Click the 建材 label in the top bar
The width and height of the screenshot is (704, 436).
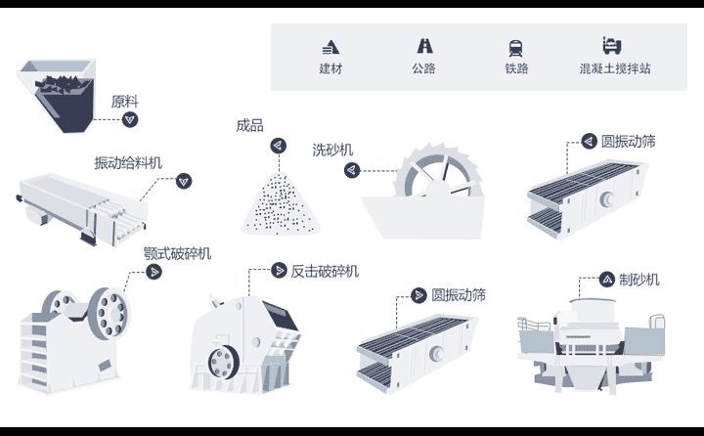coord(330,69)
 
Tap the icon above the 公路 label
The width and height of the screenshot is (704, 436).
coord(424,45)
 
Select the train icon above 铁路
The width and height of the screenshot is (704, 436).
coord(515,46)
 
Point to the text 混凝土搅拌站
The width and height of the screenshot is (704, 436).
coord(615,69)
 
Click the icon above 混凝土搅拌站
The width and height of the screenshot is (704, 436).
coord(613,45)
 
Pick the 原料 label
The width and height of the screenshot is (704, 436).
coord(125,101)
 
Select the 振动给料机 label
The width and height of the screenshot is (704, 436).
coord(128,161)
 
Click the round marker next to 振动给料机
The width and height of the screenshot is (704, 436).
coord(183,180)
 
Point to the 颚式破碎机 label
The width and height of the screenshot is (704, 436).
coord(176,253)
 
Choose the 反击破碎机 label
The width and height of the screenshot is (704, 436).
coord(325,271)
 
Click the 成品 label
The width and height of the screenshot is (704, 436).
coord(249,126)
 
